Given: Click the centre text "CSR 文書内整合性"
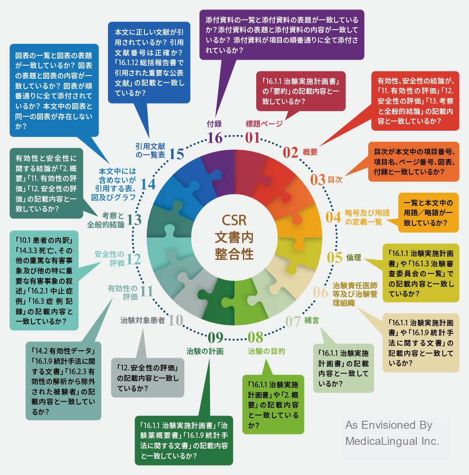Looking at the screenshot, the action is point(234,237).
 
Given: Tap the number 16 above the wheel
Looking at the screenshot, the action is point(215,138).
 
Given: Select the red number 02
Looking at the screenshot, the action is point(291,152).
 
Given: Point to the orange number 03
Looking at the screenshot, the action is point(318,180).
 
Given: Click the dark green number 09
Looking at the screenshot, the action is point(215,337).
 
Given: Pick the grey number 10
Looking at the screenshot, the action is point(175,320).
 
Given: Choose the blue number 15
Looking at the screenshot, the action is point(176,154).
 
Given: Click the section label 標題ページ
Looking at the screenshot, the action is point(264,124).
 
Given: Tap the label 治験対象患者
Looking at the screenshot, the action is point(143,320).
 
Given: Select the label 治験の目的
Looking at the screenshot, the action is point(266,351).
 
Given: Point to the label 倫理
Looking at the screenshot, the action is point(354,257).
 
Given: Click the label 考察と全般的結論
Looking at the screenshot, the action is point(106,220).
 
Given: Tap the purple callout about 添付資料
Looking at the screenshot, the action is point(281,35).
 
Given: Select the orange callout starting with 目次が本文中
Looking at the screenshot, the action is point(414,161).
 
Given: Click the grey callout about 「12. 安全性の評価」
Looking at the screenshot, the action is point(148,377).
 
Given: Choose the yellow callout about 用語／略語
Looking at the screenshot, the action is point(428,213).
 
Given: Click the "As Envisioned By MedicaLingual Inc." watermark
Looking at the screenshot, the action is point(392,433).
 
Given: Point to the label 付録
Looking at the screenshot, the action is point(214,124).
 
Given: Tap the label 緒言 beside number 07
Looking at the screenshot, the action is point(312,320).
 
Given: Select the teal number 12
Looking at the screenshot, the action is point(134,259).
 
